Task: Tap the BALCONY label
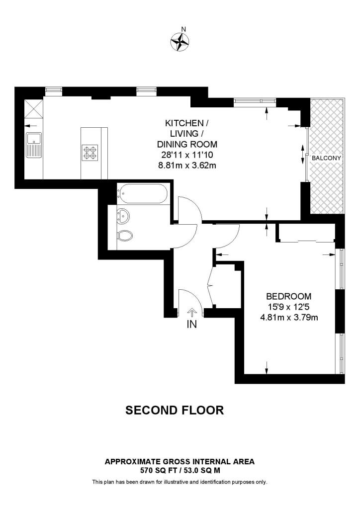coord(327,158)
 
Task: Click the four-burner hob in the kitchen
coord(90,152)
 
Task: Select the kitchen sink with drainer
coord(34,145)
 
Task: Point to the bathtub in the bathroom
coord(142,193)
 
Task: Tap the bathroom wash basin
coord(123,215)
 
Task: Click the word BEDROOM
coord(289,295)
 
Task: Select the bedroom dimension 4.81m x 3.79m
coord(289,317)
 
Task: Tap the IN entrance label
coord(192,325)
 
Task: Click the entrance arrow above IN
coord(192,312)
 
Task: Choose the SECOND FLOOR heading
coord(175,410)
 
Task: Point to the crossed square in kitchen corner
coord(33,108)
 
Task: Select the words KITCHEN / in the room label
coord(184,123)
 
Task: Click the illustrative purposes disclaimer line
coord(180,482)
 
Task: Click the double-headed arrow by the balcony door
coord(303,154)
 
